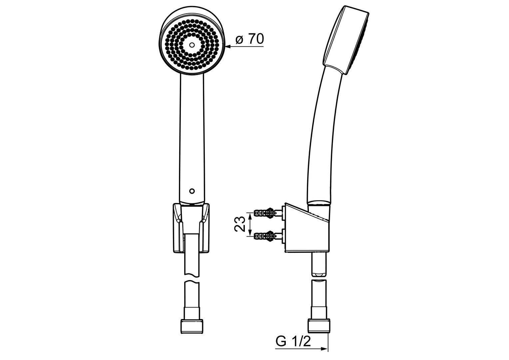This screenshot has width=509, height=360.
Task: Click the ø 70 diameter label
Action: (250, 39)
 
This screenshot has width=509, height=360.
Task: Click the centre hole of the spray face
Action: (192, 45)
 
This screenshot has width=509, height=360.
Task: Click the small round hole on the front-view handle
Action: (191, 191)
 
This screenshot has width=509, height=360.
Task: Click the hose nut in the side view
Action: (319, 326)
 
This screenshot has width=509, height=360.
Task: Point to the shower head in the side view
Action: (346, 38)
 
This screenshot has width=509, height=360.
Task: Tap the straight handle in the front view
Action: (192, 133)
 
